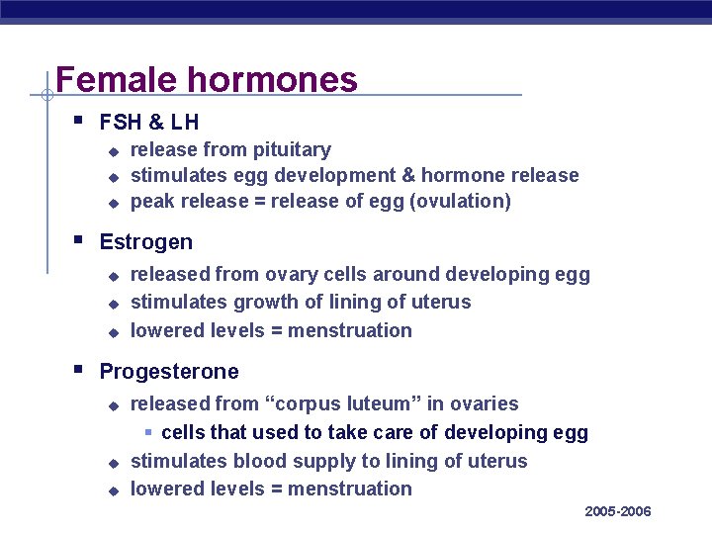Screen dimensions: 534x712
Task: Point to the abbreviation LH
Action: click(185, 123)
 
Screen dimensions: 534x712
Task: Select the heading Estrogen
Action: click(146, 242)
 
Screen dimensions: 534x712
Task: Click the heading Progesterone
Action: click(169, 372)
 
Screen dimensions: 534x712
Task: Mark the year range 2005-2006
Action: click(618, 511)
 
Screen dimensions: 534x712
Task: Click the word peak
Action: click(152, 202)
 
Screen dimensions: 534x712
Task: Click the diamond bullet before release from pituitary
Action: click(113, 151)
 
